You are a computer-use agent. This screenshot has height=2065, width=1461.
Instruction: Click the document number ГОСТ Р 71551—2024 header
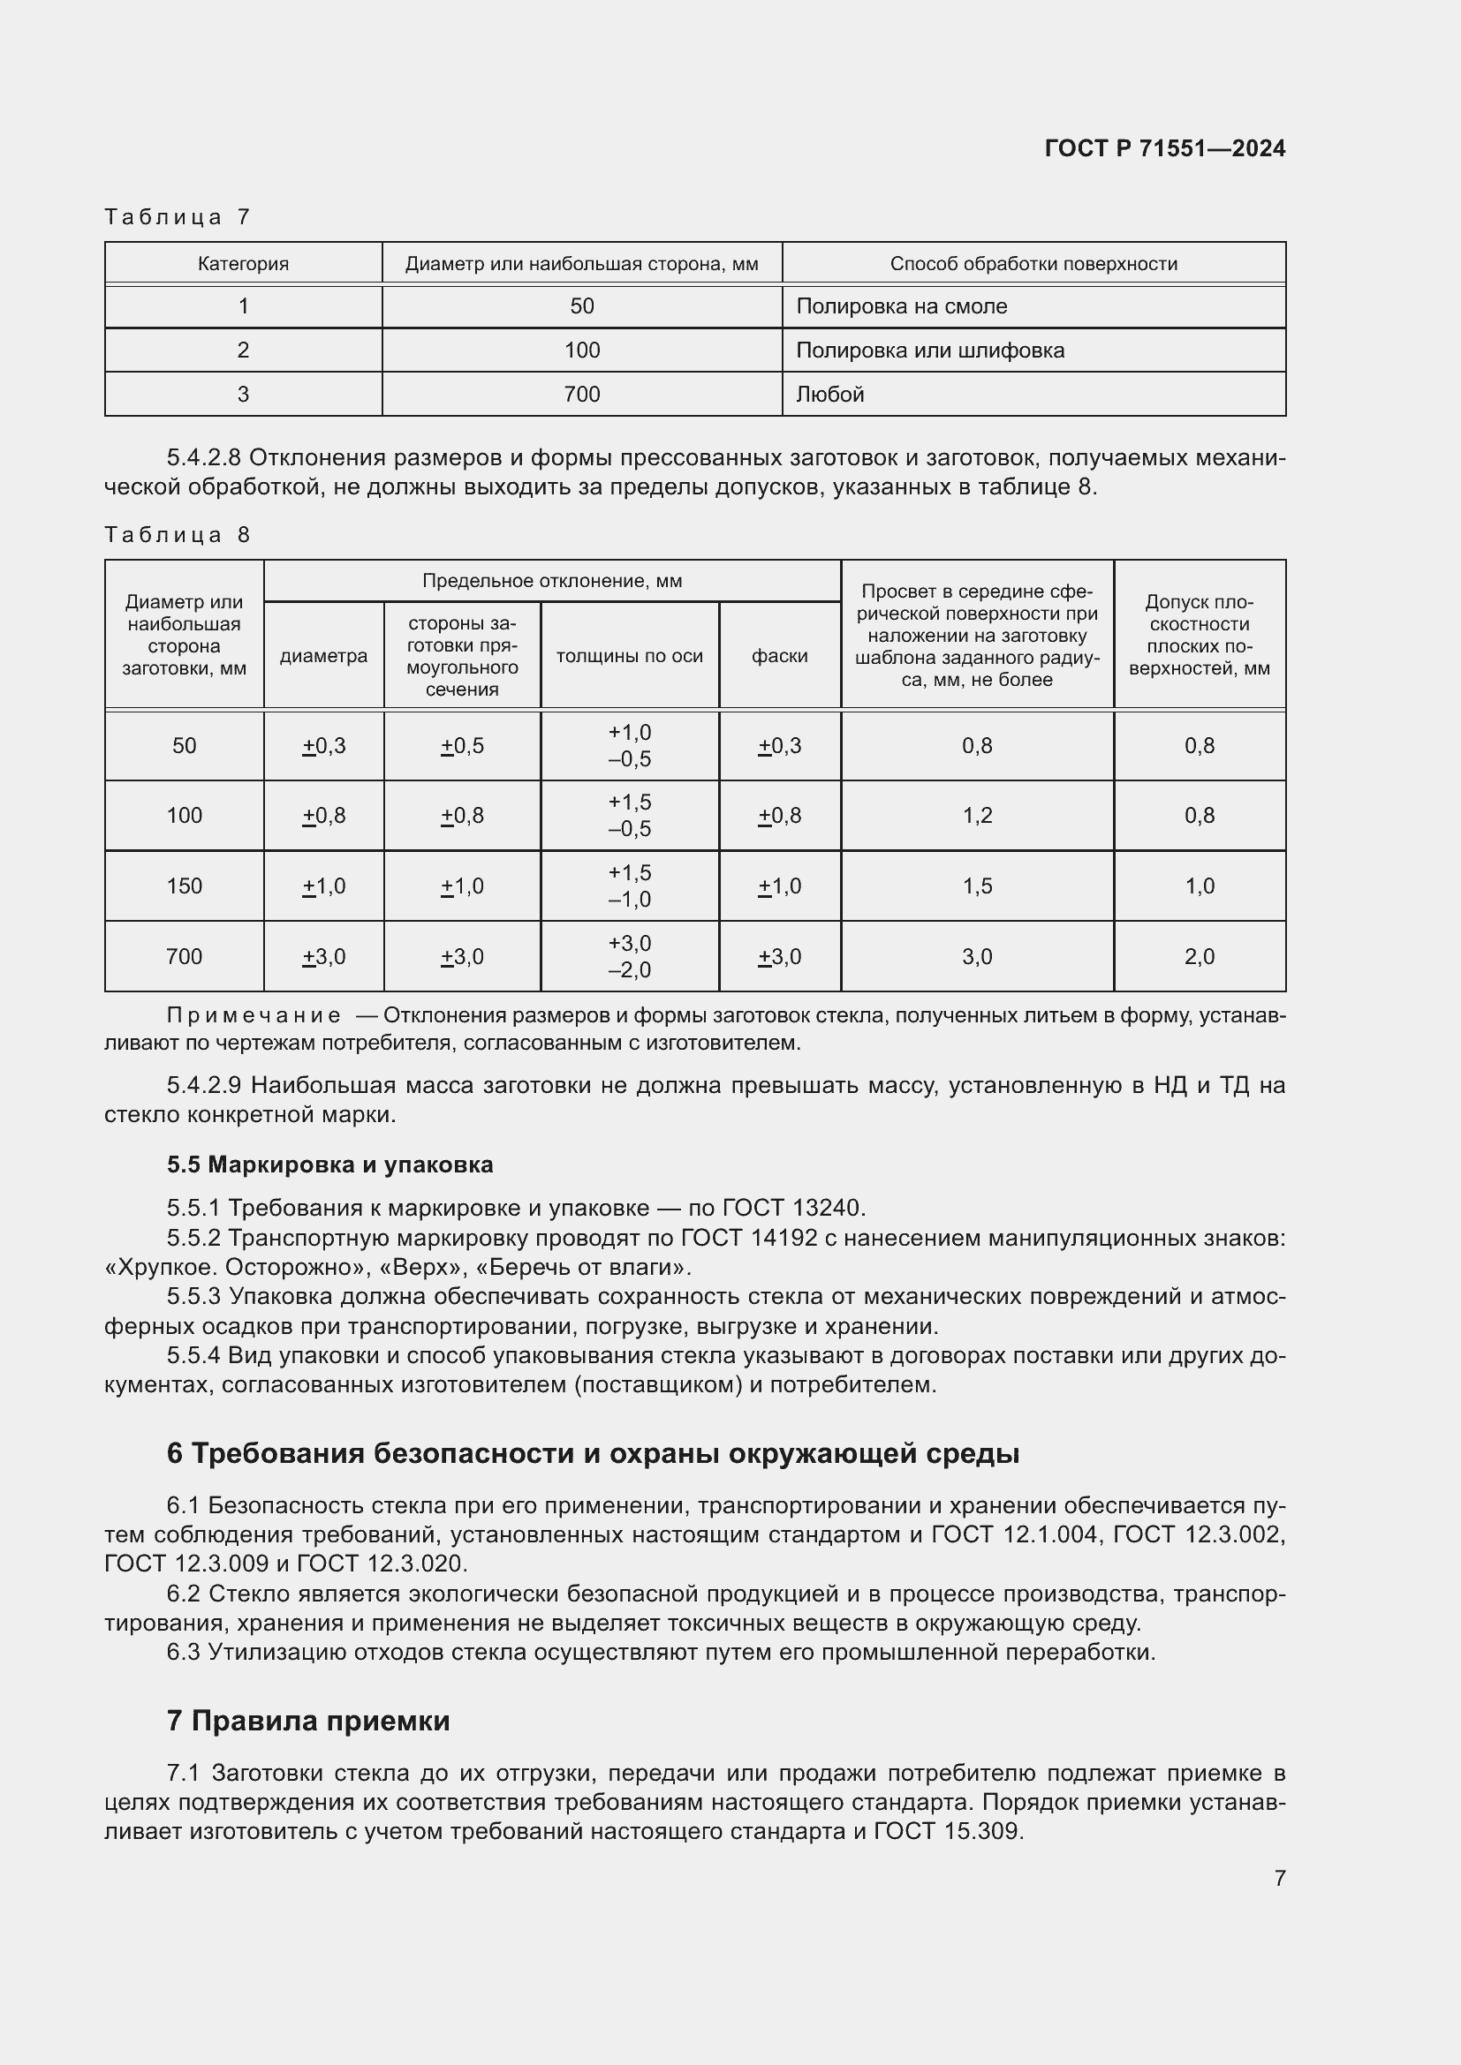pos(1164,148)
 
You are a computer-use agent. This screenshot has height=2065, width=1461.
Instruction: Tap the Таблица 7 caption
pos(178,217)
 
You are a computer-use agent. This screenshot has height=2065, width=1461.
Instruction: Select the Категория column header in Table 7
pos(243,263)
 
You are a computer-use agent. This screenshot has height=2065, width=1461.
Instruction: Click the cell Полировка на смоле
pos(902,306)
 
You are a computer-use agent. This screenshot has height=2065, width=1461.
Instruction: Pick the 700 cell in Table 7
pos(581,394)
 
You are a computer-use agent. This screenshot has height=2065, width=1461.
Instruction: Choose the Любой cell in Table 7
pos(829,394)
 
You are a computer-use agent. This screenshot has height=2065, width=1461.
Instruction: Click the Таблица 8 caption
pos(178,535)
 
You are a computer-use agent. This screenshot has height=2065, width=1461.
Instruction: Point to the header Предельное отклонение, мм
pos(551,581)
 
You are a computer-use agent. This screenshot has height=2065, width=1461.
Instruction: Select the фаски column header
pos(779,657)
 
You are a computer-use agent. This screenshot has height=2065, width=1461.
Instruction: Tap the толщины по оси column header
pos(629,657)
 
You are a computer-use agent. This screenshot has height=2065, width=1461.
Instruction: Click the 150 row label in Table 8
pos(184,886)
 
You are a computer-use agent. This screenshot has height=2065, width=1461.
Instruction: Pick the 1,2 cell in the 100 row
pos(977,816)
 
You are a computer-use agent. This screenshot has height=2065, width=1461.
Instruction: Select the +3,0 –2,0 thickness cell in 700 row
pos(629,956)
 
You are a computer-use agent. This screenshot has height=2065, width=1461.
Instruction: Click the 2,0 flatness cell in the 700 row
pos(1200,956)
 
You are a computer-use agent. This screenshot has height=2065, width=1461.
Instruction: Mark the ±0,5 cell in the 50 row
pos(461,746)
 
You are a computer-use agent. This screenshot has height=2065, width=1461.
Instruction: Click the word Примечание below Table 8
pos(254,1015)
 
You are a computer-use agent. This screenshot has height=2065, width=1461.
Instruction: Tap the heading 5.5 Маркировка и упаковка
pos(329,1164)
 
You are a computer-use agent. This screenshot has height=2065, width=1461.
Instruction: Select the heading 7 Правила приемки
pos(307,1721)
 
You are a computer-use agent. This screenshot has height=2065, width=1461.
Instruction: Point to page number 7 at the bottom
pos(1279,1878)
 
